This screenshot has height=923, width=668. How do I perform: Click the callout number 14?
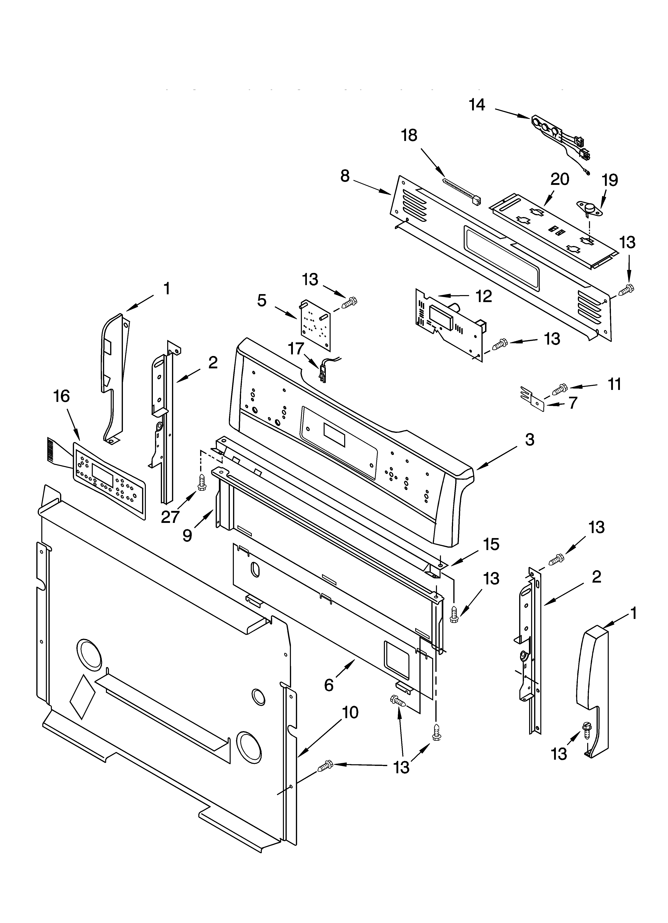[477, 105]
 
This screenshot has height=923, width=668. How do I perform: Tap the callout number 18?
[409, 136]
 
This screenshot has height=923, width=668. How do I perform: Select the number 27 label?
[170, 517]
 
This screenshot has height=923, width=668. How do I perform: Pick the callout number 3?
[529, 439]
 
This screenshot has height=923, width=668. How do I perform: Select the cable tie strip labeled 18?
[462, 191]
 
